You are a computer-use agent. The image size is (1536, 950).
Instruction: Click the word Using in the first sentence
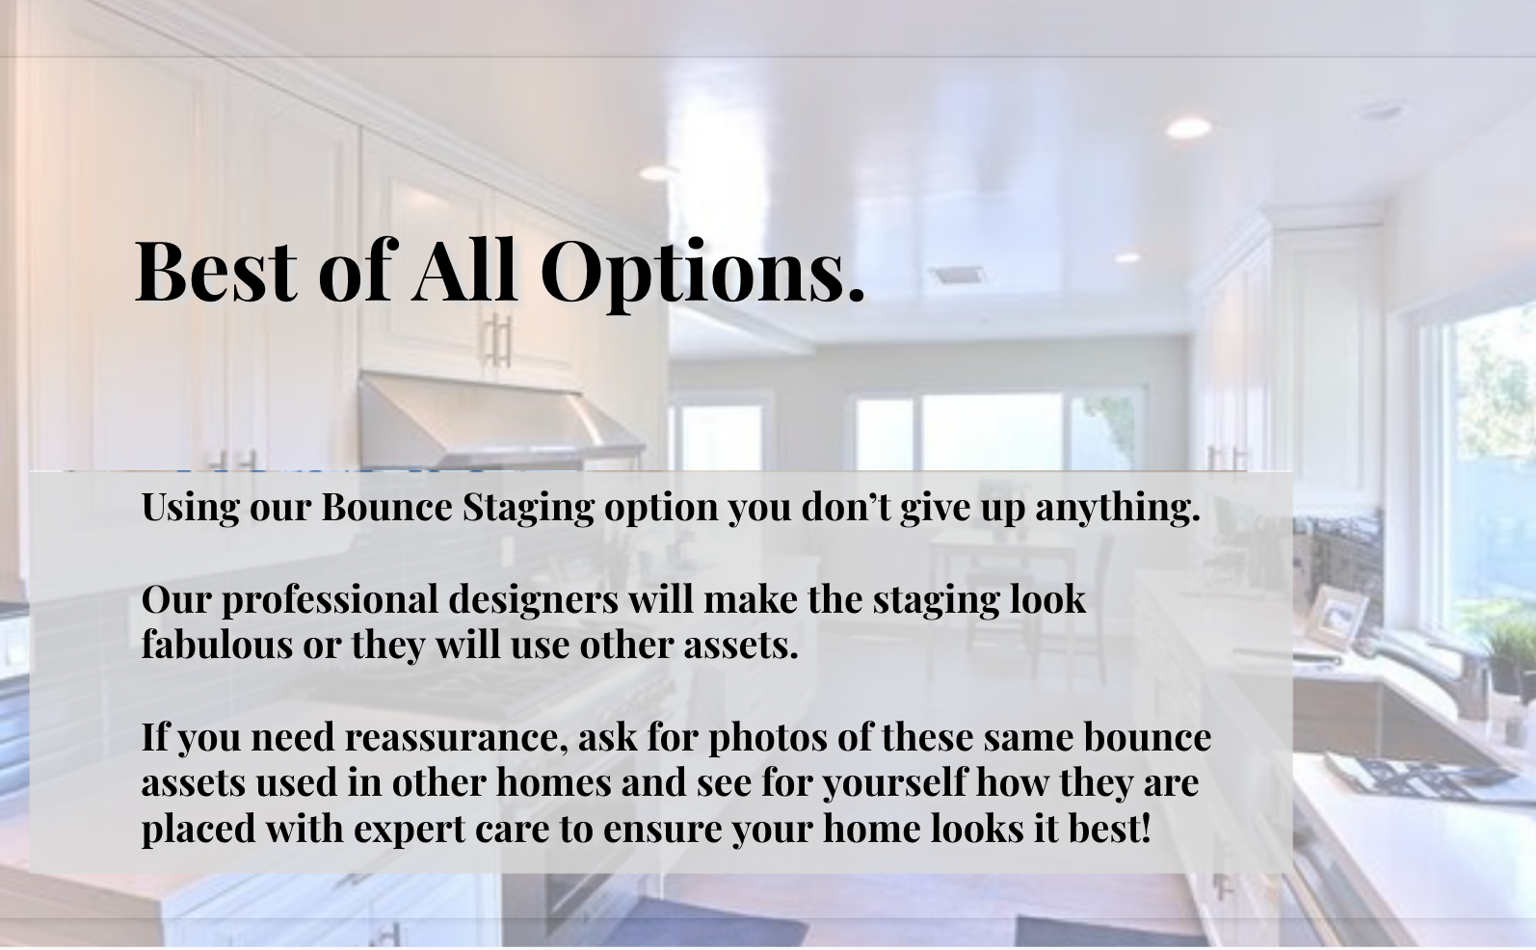point(191,508)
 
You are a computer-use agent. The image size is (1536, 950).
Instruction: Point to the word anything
point(1118,508)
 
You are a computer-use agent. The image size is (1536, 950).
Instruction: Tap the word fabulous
point(217,645)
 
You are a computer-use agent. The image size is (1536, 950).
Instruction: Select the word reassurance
point(456,737)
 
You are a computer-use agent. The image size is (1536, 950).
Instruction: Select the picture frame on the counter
point(1337,617)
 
